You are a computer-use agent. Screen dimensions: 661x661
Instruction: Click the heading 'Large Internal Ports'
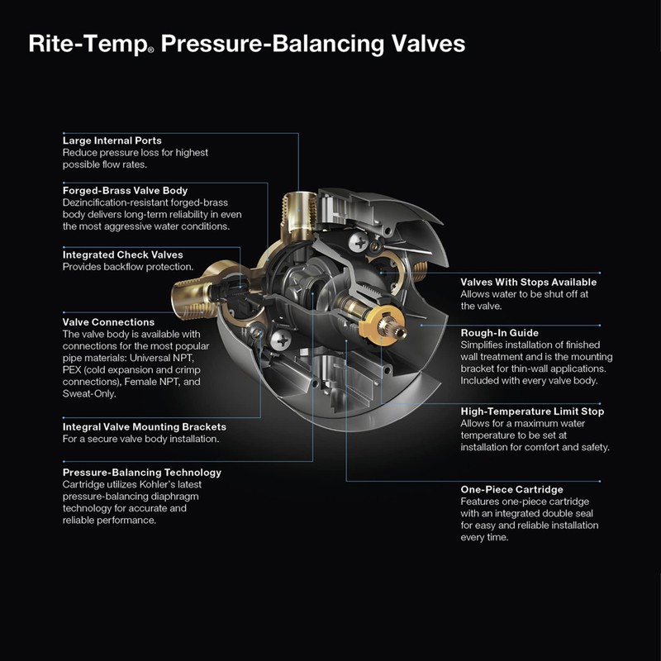point(112,140)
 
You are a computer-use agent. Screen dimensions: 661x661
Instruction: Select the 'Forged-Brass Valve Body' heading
point(131,190)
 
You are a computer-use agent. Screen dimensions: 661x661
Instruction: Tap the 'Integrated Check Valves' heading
point(123,254)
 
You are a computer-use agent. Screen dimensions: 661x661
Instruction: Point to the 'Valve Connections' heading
point(108,322)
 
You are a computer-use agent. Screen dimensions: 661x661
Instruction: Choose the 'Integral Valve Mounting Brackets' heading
point(145,427)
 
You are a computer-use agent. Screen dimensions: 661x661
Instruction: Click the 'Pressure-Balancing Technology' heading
point(142,473)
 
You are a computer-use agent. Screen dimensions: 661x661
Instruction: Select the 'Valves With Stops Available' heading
point(528,282)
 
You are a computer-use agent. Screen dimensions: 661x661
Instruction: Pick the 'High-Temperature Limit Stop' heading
point(532,411)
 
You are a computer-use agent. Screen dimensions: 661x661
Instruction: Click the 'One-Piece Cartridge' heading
point(511,489)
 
